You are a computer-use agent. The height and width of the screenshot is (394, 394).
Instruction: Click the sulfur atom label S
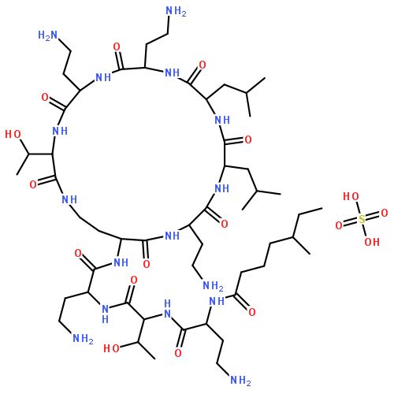coord(362,219)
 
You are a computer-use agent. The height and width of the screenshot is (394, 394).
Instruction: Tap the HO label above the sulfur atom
coord(351,196)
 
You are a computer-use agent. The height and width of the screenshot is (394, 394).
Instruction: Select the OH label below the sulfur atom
coord(372,242)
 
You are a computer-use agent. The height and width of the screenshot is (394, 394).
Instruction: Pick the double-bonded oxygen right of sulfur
coord(385,213)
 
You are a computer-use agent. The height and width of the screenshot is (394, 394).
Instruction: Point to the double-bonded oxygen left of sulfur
coord(339,225)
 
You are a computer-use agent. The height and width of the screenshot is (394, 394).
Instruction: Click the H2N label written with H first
coord(47,35)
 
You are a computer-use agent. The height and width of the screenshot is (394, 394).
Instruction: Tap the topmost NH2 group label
coord(177,11)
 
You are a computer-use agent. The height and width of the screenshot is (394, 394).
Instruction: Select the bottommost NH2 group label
coord(240,380)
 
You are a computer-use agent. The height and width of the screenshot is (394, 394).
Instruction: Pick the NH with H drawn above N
coord(167,309)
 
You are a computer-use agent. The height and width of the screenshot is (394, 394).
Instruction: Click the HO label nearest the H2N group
coord(13,134)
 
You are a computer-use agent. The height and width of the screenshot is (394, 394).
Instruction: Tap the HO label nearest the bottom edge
coord(112,348)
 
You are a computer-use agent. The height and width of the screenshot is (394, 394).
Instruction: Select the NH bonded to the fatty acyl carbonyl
coord(217,301)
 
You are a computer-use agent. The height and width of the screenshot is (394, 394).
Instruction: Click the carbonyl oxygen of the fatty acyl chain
coord(252,312)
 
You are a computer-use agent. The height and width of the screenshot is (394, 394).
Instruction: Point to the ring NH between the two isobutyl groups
coord(222,120)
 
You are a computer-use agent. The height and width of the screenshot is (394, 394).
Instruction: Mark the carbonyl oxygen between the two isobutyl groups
coord(248,139)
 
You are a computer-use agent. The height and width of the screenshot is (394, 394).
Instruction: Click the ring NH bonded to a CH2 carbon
coord(69,199)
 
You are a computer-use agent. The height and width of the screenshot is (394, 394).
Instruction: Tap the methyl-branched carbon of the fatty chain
coord(292,237)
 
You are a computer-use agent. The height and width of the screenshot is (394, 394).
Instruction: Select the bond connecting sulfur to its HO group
coord(358,208)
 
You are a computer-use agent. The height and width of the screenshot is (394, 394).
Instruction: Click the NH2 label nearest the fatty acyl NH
coord(213,285)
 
